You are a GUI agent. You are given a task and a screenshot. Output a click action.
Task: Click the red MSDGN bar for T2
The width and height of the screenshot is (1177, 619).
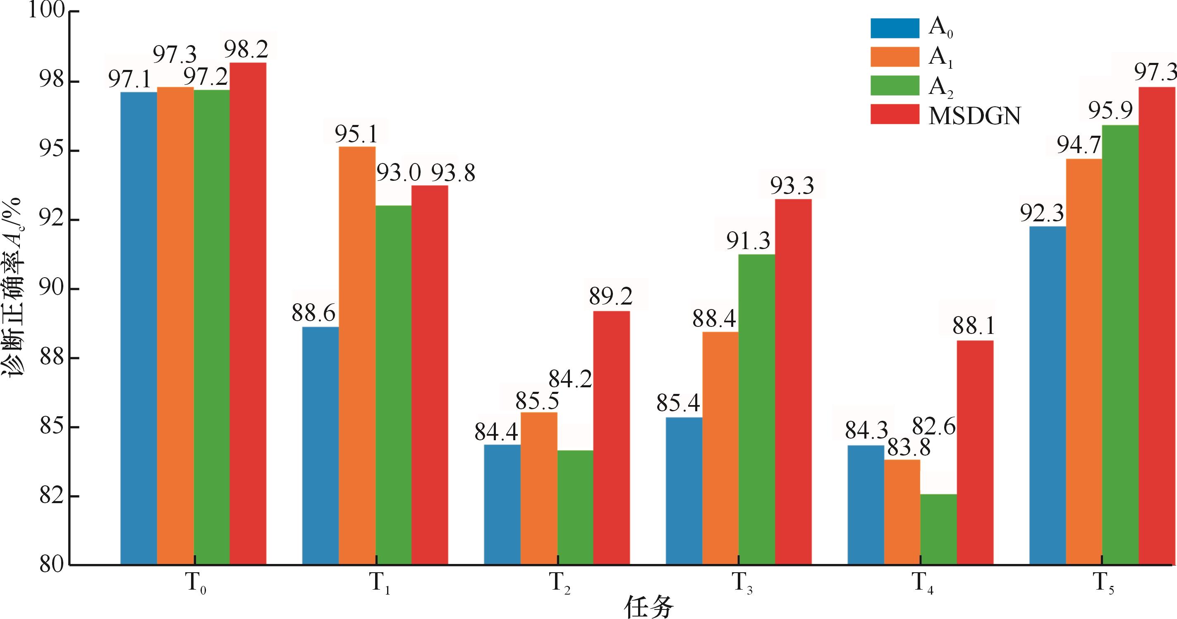611,438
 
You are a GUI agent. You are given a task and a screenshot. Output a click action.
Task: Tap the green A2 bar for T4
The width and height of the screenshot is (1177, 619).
938,529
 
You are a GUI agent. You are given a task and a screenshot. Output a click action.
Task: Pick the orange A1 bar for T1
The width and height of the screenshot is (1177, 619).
357,356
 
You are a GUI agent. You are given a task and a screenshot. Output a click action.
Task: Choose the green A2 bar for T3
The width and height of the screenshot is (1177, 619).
757,410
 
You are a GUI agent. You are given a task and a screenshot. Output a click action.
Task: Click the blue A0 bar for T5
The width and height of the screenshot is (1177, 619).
1047,396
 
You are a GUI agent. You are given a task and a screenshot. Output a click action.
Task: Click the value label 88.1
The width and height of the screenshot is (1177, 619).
973,326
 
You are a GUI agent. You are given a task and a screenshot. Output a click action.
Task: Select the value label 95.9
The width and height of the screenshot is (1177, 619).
1110,110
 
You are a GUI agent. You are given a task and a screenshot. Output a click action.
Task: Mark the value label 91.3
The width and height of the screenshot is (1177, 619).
749,240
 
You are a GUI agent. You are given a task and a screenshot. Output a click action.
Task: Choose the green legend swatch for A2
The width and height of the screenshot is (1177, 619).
894,86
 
